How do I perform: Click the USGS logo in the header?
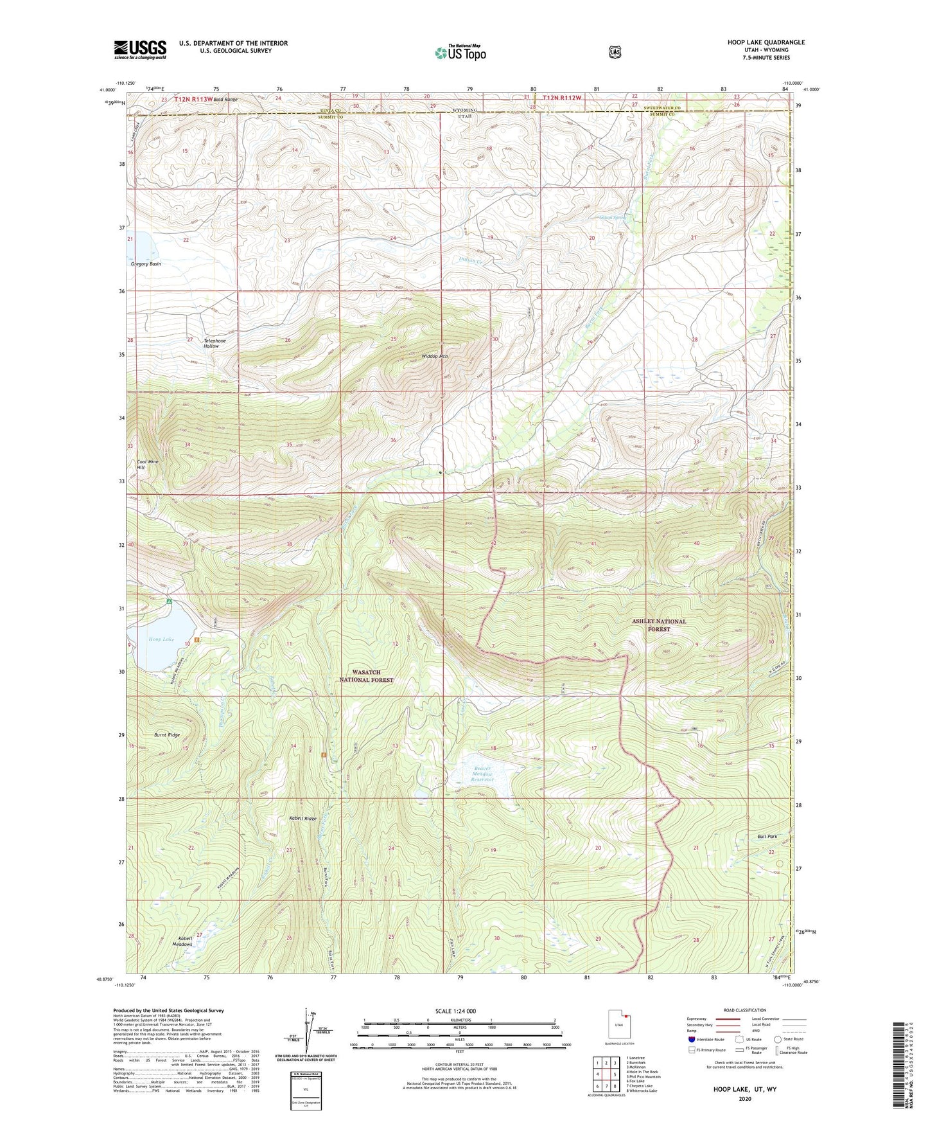pyautogui.click(x=140, y=49)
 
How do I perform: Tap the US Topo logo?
pyautogui.click(x=460, y=53)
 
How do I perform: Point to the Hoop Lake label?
pyautogui.click(x=161, y=639)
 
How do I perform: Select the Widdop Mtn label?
pyautogui.click(x=435, y=356)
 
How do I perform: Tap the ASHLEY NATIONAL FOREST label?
pyautogui.click(x=659, y=625)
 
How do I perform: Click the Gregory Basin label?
pyautogui.click(x=146, y=264)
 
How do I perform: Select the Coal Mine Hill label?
pyautogui.click(x=147, y=465)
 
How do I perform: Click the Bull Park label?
pyautogui.click(x=767, y=837)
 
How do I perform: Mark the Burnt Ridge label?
pyautogui.click(x=167, y=735)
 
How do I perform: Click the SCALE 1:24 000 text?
pyautogui.click(x=455, y=1011)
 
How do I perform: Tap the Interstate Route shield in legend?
pyautogui.click(x=692, y=1038)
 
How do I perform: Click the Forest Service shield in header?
pyautogui.click(x=615, y=51)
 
